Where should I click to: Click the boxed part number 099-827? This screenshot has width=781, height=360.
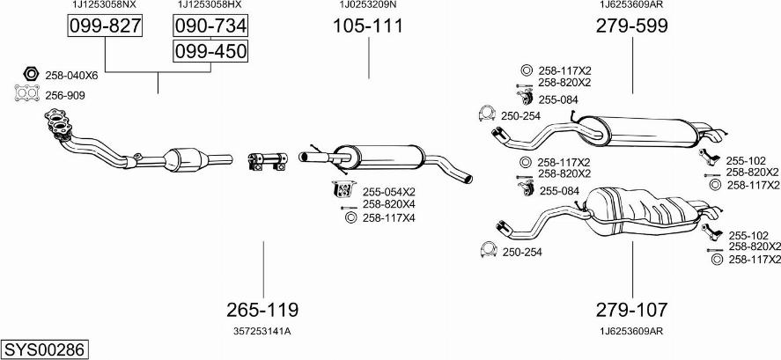coord(105,26)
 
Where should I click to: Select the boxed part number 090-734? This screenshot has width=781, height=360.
coord(210,26)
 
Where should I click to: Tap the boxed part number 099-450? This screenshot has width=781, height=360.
coord(210,52)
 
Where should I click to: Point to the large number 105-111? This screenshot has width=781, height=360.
coord(368,26)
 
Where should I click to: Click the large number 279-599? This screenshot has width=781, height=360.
coord(631,26)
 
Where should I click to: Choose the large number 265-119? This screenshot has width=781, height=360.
coord(262,310)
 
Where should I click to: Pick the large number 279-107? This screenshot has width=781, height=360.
coord(631,310)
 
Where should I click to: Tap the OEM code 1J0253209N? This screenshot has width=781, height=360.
coord(368,5)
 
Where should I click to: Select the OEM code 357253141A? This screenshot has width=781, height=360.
coord(262,331)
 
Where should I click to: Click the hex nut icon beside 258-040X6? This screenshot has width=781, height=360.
coord(27,74)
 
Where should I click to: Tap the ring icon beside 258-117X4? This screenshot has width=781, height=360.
coord(349,217)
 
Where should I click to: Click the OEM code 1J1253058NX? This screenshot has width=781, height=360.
coord(105,5)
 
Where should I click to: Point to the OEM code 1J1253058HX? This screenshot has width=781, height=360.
coord(210,5)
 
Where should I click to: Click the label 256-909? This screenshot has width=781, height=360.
coord(65,95)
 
